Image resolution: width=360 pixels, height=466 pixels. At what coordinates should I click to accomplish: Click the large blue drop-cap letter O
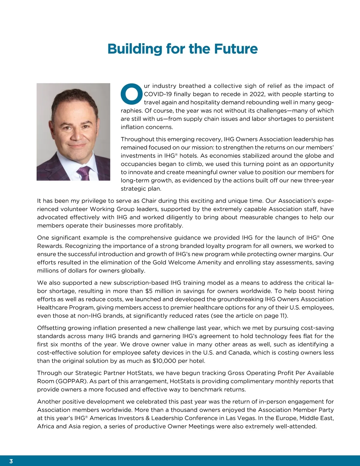pos(131,93)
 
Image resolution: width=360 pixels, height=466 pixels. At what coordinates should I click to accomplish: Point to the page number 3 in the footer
pos(11,461)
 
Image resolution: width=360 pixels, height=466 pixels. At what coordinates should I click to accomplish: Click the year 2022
pos(257,94)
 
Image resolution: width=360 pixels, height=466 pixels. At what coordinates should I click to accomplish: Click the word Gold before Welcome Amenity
pos(160,262)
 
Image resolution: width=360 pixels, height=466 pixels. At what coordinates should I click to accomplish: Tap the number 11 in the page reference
pos(283,316)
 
